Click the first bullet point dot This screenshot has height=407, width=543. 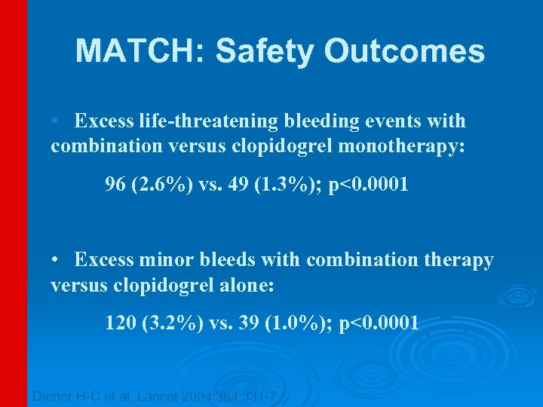[56, 121]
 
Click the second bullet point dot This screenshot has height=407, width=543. [56, 261]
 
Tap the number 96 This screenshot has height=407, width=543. [115, 185]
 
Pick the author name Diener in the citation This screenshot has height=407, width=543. [53, 396]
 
